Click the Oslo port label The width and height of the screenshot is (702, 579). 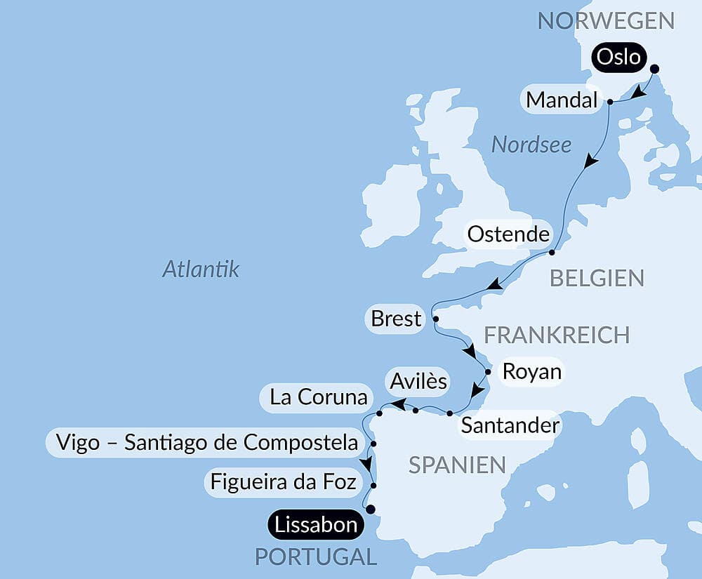click(x=618, y=56)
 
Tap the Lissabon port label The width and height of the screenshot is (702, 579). click(x=315, y=524)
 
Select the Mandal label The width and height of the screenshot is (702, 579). click(x=561, y=101)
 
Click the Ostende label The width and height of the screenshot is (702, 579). click(x=508, y=234)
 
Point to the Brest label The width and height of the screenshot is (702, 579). click(x=396, y=319)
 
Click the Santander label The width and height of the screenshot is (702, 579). click(x=509, y=425)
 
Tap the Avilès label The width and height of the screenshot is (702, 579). click(x=417, y=381)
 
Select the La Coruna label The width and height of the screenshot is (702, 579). click(x=319, y=397)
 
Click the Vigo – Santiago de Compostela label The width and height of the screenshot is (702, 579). click(x=203, y=443)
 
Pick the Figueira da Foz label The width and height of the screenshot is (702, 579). click(x=283, y=482)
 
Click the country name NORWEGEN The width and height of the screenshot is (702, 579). click(x=606, y=20)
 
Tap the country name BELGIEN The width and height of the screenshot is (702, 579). click(x=597, y=278)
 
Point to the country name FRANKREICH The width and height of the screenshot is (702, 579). click(x=557, y=335)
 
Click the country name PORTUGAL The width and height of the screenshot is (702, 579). click(x=315, y=557)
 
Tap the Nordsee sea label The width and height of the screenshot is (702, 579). click(x=531, y=145)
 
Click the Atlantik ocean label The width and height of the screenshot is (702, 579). click(x=201, y=269)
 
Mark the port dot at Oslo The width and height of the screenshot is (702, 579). click(x=655, y=69)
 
